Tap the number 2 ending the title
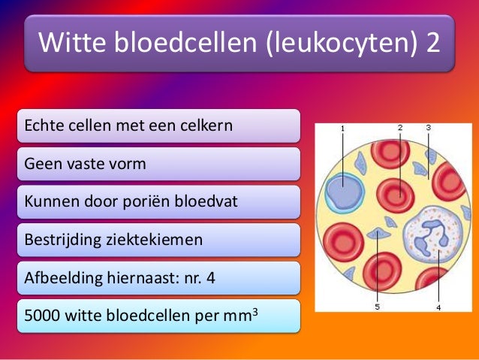433,43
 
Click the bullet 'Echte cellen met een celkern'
128,125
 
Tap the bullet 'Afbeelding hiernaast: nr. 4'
120,277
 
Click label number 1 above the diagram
342,129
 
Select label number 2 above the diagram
400,128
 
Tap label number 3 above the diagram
428,128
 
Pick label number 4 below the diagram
438,307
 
